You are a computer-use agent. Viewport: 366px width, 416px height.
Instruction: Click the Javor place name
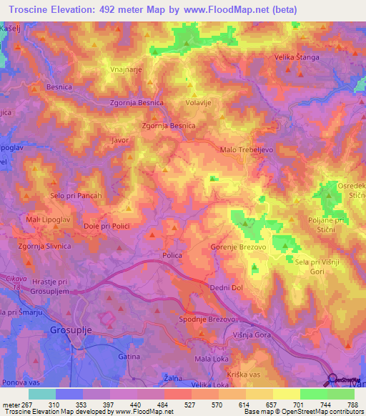pyautogui.click(x=119, y=140)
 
